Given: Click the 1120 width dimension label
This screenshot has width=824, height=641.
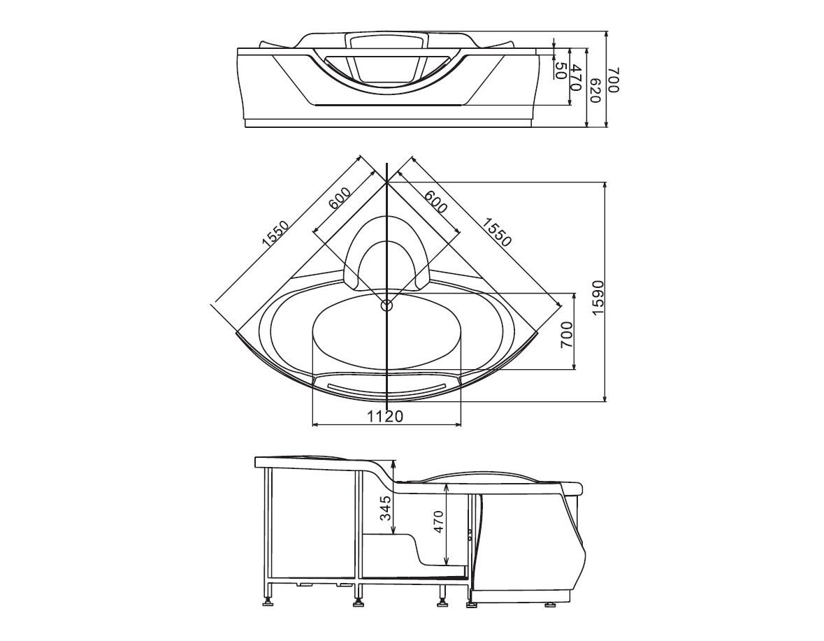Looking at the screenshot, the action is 385,416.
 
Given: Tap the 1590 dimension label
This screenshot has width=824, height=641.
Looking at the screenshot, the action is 600,297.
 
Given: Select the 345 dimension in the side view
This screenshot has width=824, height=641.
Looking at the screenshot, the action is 386,508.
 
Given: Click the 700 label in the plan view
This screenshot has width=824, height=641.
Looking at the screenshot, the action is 567,334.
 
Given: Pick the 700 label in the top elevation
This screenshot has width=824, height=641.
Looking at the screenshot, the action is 613,80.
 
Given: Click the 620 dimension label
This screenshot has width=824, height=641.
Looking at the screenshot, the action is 595,90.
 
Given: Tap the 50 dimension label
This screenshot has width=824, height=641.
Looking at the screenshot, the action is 561,71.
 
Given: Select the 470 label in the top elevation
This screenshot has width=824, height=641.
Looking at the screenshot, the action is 577,77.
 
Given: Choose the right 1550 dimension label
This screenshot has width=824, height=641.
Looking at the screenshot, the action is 496,231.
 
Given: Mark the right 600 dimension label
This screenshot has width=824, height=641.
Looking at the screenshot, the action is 435,201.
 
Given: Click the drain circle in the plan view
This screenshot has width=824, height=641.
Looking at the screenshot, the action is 386,304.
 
